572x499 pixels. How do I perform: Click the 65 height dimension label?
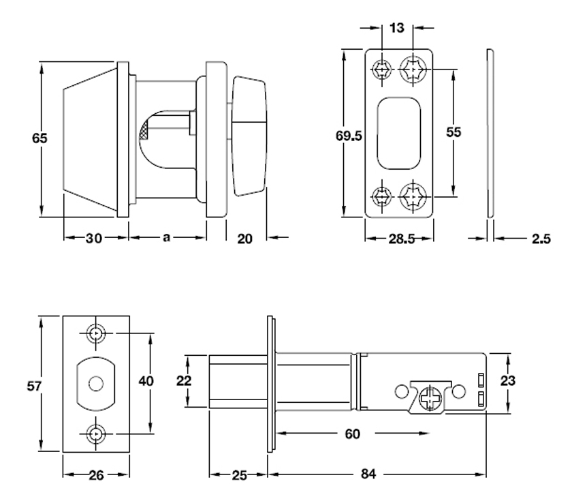(x=40, y=138)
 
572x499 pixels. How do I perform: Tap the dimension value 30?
(x=94, y=238)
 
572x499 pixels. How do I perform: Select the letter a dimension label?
(x=166, y=237)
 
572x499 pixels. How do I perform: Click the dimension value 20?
(x=246, y=238)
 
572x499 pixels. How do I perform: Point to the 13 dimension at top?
(x=397, y=28)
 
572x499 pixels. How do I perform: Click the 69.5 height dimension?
(x=348, y=135)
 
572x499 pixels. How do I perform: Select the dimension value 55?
(x=454, y=132)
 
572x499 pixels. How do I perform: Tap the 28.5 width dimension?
(x=400, y=239)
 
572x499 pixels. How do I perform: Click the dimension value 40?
(x=145, y=381)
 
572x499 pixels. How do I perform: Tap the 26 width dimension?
(x=96, y=474)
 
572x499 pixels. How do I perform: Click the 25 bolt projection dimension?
(x=238, y=474)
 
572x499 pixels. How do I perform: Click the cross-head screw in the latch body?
(x=430, y=398)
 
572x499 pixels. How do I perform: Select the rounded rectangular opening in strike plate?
(x=400, y=133)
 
